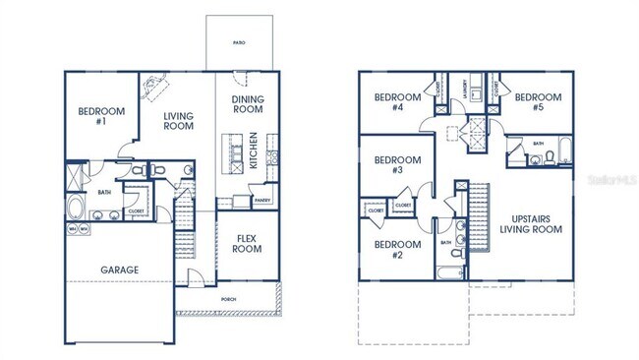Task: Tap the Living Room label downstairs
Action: coord(179,121)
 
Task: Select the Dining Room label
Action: coord(248,104)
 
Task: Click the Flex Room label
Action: coord(246,243)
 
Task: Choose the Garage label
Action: coord(120,270)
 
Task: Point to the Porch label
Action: coord(228,296)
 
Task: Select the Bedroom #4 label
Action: coord(390,102)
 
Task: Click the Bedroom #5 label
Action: coord(538,102)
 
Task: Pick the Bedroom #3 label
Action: coord(390,165)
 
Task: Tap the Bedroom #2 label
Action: coord(389,250)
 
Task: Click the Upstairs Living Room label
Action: coord(530,223)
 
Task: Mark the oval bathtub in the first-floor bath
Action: coord(76,209)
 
